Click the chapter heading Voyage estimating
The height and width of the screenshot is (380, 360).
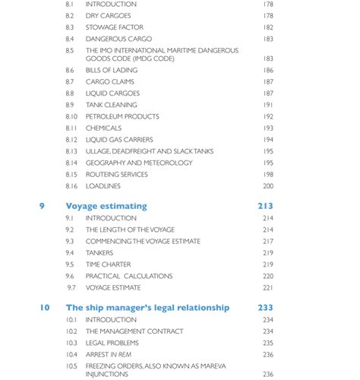click(x=106, y=206)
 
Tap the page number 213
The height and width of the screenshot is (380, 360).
click(x=265, y=206)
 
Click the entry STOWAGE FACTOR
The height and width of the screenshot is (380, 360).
click(x=115, y=27)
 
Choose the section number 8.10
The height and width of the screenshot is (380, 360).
click(x=71, y=116)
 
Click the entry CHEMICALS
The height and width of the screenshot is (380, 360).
click(x=103, y=128)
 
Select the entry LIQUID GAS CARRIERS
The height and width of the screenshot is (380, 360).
click(x=119, y=140)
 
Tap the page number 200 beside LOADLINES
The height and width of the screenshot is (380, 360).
click(x=268, y=186)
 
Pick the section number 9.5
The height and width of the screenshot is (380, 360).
click(x=70, y=264)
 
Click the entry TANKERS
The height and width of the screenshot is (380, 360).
click(x=99, y=253)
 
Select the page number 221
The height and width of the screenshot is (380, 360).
click(x=268, y=288)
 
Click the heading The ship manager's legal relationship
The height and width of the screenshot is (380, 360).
click(x=147, y=308)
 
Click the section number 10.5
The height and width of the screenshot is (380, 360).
click(x=71, y=366)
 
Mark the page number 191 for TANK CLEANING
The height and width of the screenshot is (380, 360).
click(x=268, y=105)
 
